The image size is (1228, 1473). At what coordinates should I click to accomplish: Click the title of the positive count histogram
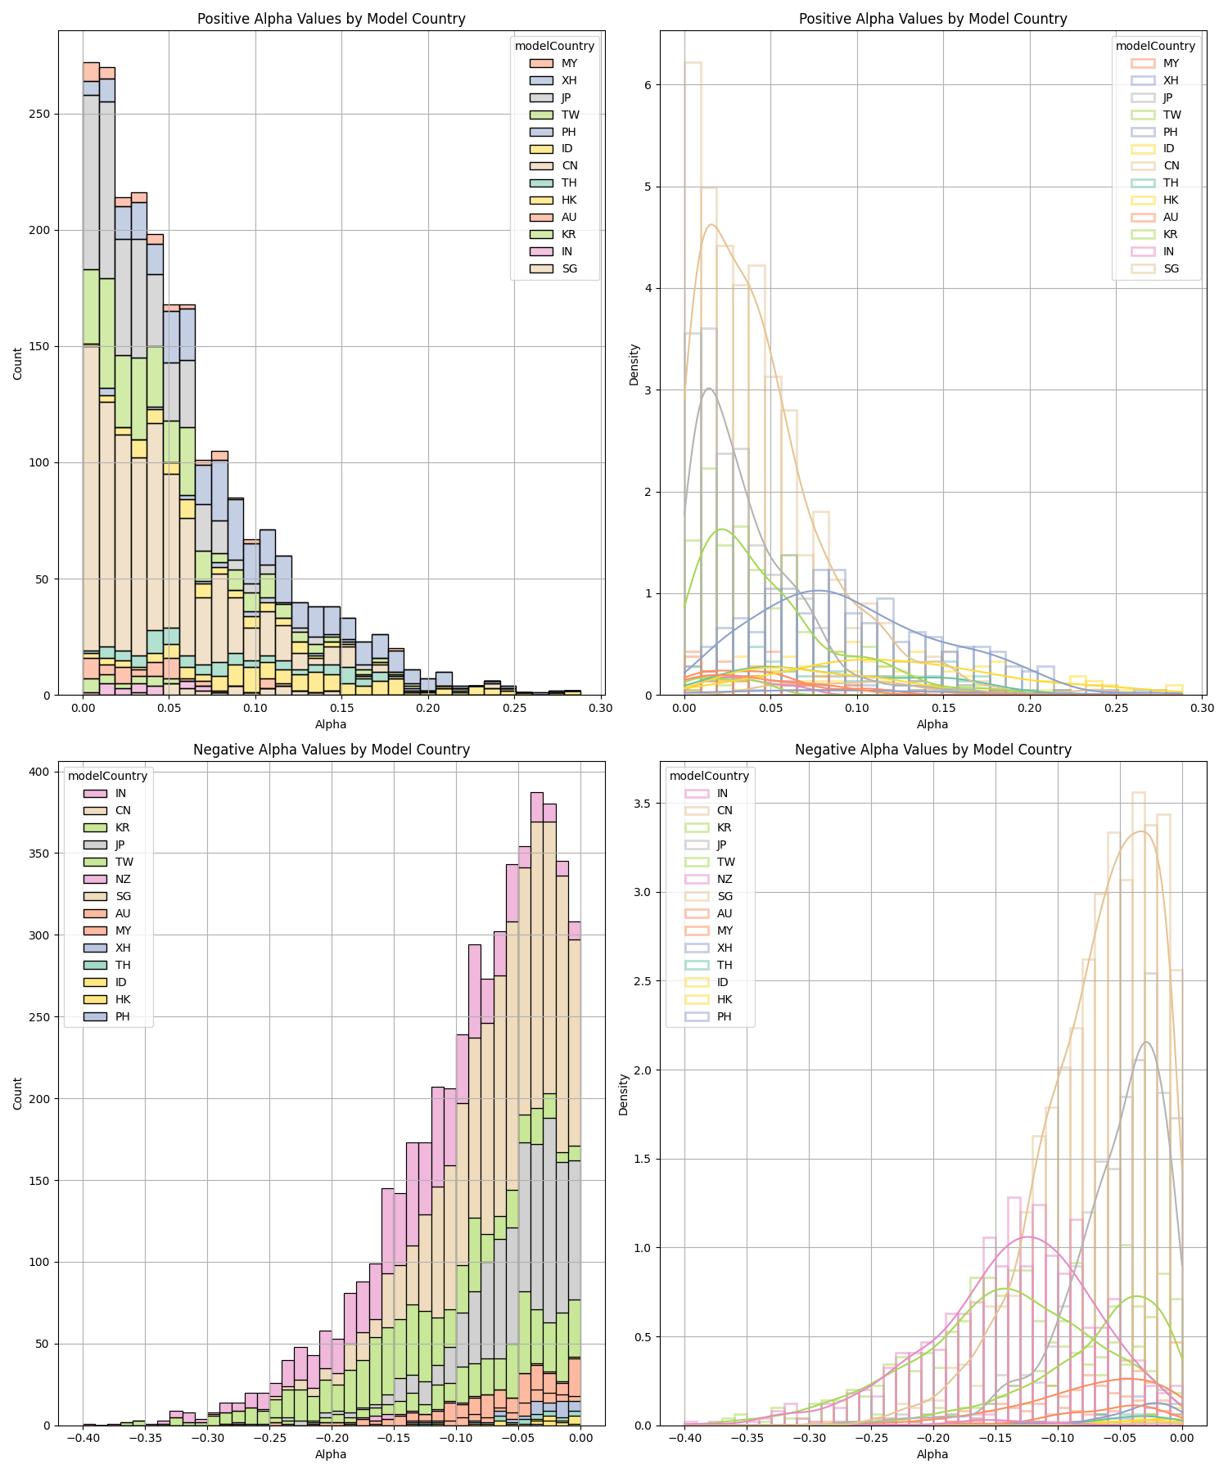point(331,19)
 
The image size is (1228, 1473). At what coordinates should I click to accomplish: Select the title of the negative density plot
point(932,750)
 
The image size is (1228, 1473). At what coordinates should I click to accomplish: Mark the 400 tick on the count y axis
point(41,772)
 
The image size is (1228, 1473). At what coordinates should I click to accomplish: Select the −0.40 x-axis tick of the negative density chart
point(684,1439)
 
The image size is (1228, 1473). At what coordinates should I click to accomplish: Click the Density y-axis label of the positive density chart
point(634,364)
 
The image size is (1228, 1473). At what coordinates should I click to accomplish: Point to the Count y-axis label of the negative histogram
point(18,1093)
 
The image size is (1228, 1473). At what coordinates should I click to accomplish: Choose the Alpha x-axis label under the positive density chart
point(932,724)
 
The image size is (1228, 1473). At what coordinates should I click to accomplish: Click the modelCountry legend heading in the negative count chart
point(107,776)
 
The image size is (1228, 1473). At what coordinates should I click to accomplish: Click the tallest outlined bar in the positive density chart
point(693,376)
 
